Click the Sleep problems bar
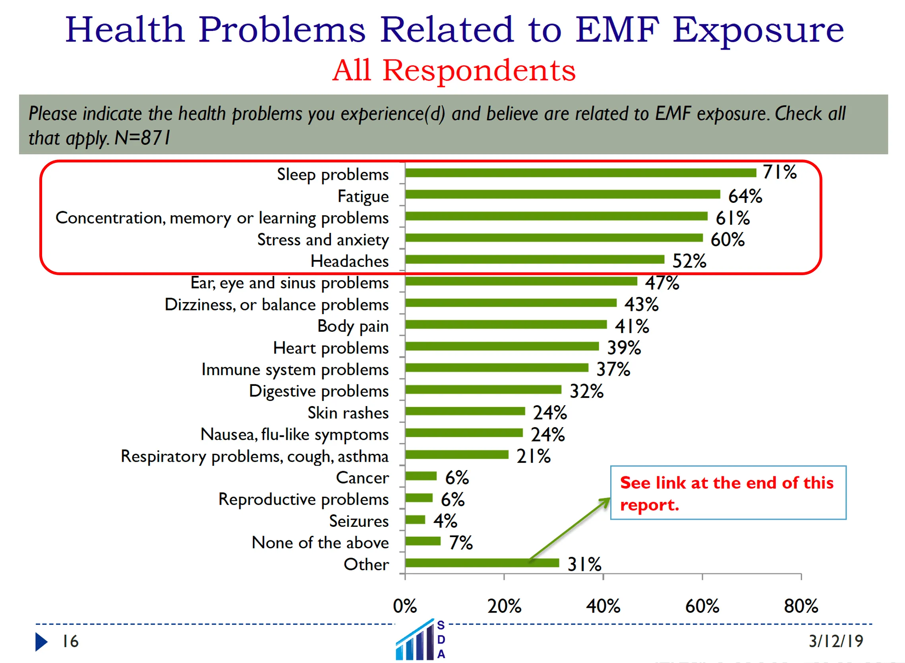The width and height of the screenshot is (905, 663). point(580,173)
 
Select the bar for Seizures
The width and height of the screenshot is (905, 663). point(415,520)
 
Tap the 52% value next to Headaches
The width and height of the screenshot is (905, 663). point(689,261)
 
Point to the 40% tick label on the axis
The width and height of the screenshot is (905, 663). point(603,606)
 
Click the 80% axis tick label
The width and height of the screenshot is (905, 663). point(801,606)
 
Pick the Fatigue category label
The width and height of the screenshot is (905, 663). point(363,197)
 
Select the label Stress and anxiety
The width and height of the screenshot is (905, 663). point(323,240)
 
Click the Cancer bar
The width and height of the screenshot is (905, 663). point(421,476)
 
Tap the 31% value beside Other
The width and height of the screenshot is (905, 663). point(584,565)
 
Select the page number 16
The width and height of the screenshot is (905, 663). point(70,642)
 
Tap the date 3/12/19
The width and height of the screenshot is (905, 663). point(835,641)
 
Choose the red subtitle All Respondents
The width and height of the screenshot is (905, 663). point(454,71)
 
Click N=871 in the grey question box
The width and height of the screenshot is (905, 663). point(142,138)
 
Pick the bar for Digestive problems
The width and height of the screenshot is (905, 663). point(483,390)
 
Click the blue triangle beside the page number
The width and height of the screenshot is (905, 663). point(41,642)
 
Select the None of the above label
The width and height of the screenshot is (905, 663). point(320,543)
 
